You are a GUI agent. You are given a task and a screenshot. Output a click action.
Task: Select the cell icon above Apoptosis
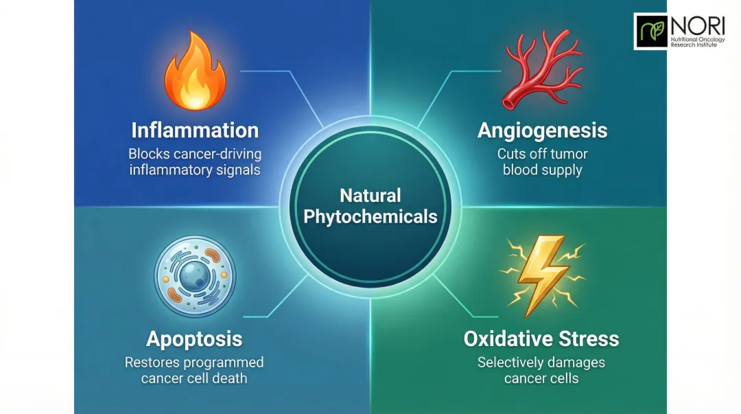195,276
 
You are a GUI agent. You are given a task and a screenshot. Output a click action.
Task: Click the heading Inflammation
195,130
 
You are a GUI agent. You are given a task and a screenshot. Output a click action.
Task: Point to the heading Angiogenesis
542,130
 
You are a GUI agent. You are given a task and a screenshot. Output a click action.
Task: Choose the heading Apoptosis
194,338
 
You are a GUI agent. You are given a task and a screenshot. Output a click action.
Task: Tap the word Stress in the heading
588,338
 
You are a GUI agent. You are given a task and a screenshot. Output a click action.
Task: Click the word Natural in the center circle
370,196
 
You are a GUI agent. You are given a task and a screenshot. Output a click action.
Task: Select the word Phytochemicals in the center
370,217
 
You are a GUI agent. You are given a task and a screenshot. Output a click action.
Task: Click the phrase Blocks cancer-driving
196,154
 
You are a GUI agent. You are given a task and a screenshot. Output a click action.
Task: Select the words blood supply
542,170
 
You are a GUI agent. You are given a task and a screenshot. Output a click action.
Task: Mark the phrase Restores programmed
194,362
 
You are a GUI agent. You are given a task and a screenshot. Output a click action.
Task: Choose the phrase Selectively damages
541,362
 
